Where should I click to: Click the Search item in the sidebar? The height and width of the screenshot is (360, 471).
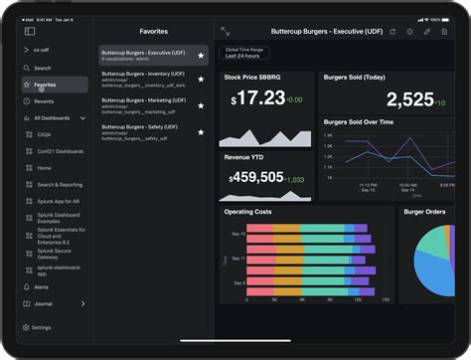[x=43, y=68]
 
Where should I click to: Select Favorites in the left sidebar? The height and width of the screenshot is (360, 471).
[x=45, y=85]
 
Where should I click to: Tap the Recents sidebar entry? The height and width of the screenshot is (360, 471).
[x=45, y=101]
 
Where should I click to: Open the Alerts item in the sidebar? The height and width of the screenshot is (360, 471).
[x=42, y=286]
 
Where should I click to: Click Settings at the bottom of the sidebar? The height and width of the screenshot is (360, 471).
[x=42, y=327]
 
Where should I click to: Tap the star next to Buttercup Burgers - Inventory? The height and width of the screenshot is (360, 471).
[x=201, y=79]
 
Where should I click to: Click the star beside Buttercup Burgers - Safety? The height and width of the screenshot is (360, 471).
[x=201, y=131]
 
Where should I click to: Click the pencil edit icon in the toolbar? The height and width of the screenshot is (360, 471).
[x=427, y=32]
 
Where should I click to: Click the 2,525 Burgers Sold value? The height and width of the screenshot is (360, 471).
[x=409, y=98]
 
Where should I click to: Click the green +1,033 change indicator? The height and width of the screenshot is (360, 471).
[x=295, y=180]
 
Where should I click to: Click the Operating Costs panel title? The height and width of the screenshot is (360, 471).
[x=248, y=212]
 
